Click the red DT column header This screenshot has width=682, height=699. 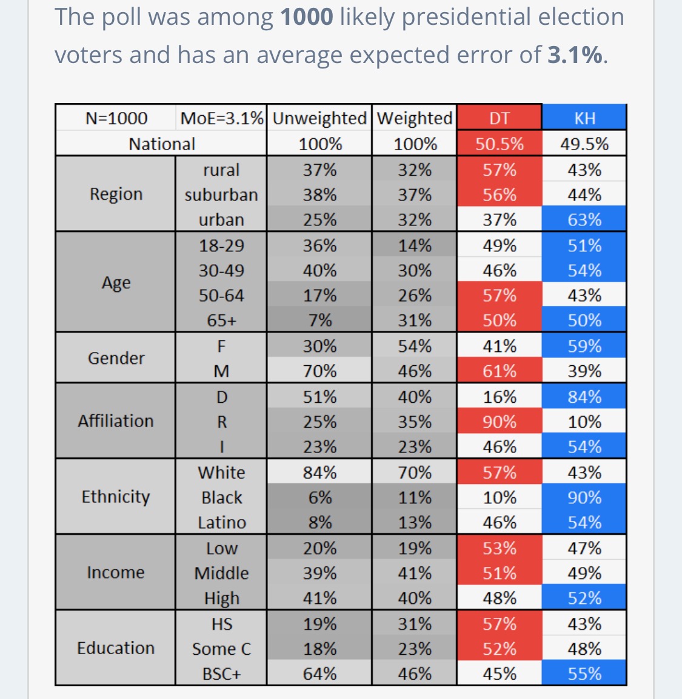click(499, 118)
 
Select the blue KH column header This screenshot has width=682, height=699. click(584, 118)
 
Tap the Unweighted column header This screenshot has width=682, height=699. click(319, 118)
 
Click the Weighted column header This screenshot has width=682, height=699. click(415, 118)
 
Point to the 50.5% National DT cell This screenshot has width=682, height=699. click(499, 144)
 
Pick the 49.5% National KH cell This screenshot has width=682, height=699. click(584, 144)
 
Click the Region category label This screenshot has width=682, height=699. click(116, 194)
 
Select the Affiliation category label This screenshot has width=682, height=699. click(116, 421)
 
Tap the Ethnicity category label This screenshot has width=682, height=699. click(116, 497)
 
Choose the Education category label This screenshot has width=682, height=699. click(116, 648)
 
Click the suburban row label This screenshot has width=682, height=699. click(221, 194)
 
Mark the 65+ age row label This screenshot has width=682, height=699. click(221, 320)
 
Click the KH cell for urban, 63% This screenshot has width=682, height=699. click(584, 219)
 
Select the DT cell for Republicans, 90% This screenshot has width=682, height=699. click(499, 422)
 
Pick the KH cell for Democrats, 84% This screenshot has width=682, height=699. click(584, 397)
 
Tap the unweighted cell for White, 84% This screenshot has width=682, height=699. click(319, 472)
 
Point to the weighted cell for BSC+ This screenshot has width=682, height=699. click(415, 674)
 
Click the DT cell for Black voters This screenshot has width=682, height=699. click(499, 497)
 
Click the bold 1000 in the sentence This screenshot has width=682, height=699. click(307, 17)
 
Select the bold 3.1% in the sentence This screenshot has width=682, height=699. click(575, 55)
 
